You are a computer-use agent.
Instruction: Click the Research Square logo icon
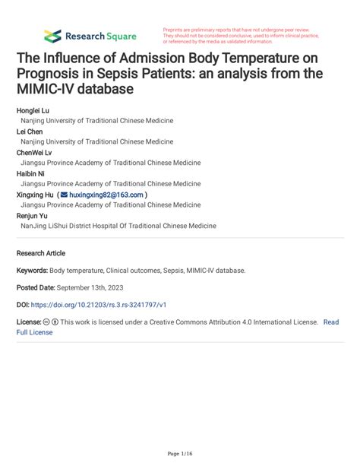pyautogui.click(x=52, y=36)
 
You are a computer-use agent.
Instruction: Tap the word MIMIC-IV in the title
pyautogui.click(x=48, y=90)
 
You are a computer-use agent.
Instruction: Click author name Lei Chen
pyautogui.click(x=30, y=131)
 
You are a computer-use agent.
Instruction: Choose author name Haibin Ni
pyautogui.click(x=31, y=173)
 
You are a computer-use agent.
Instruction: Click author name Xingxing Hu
pyautogui.click(x=35, y=195)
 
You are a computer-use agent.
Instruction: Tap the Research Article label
pyautogui.click(x=41, y=252)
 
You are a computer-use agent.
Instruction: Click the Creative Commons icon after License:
pyautogui.click(x=47, y=322)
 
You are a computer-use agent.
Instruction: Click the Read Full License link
pyautogui.click(x=331, y=322)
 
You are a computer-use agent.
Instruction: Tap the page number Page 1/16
pyautogui.click(x=180, y=454)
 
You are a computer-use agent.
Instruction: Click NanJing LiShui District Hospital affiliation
pyautogui.click(x=118, y=226)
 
